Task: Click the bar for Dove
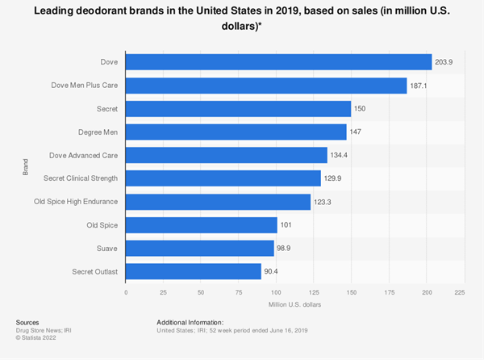pyautogui.click(x=278, y=62)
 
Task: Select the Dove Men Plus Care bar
pyautogui.click(x=266, y=86)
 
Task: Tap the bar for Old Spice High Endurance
pyautogui.click(x=218, y=201)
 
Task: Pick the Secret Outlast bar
pyautogui.click(x=194, y=271)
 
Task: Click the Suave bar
pyautogui.click(x=200, y=248)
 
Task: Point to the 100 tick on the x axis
pyautogui.click(x=277, y=291)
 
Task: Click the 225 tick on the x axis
pyautogui.click(x=460, y=291)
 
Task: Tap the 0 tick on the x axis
pyautogui.click(x=126, y=291)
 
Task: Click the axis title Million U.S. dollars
pyautogui.click(x=293, y=304)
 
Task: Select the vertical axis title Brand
pyautogui.click(x=25, y=167)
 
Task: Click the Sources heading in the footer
pyautogui.click(x=28, y=322)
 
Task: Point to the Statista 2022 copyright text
pyautogui.click(x=37, y=337)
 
